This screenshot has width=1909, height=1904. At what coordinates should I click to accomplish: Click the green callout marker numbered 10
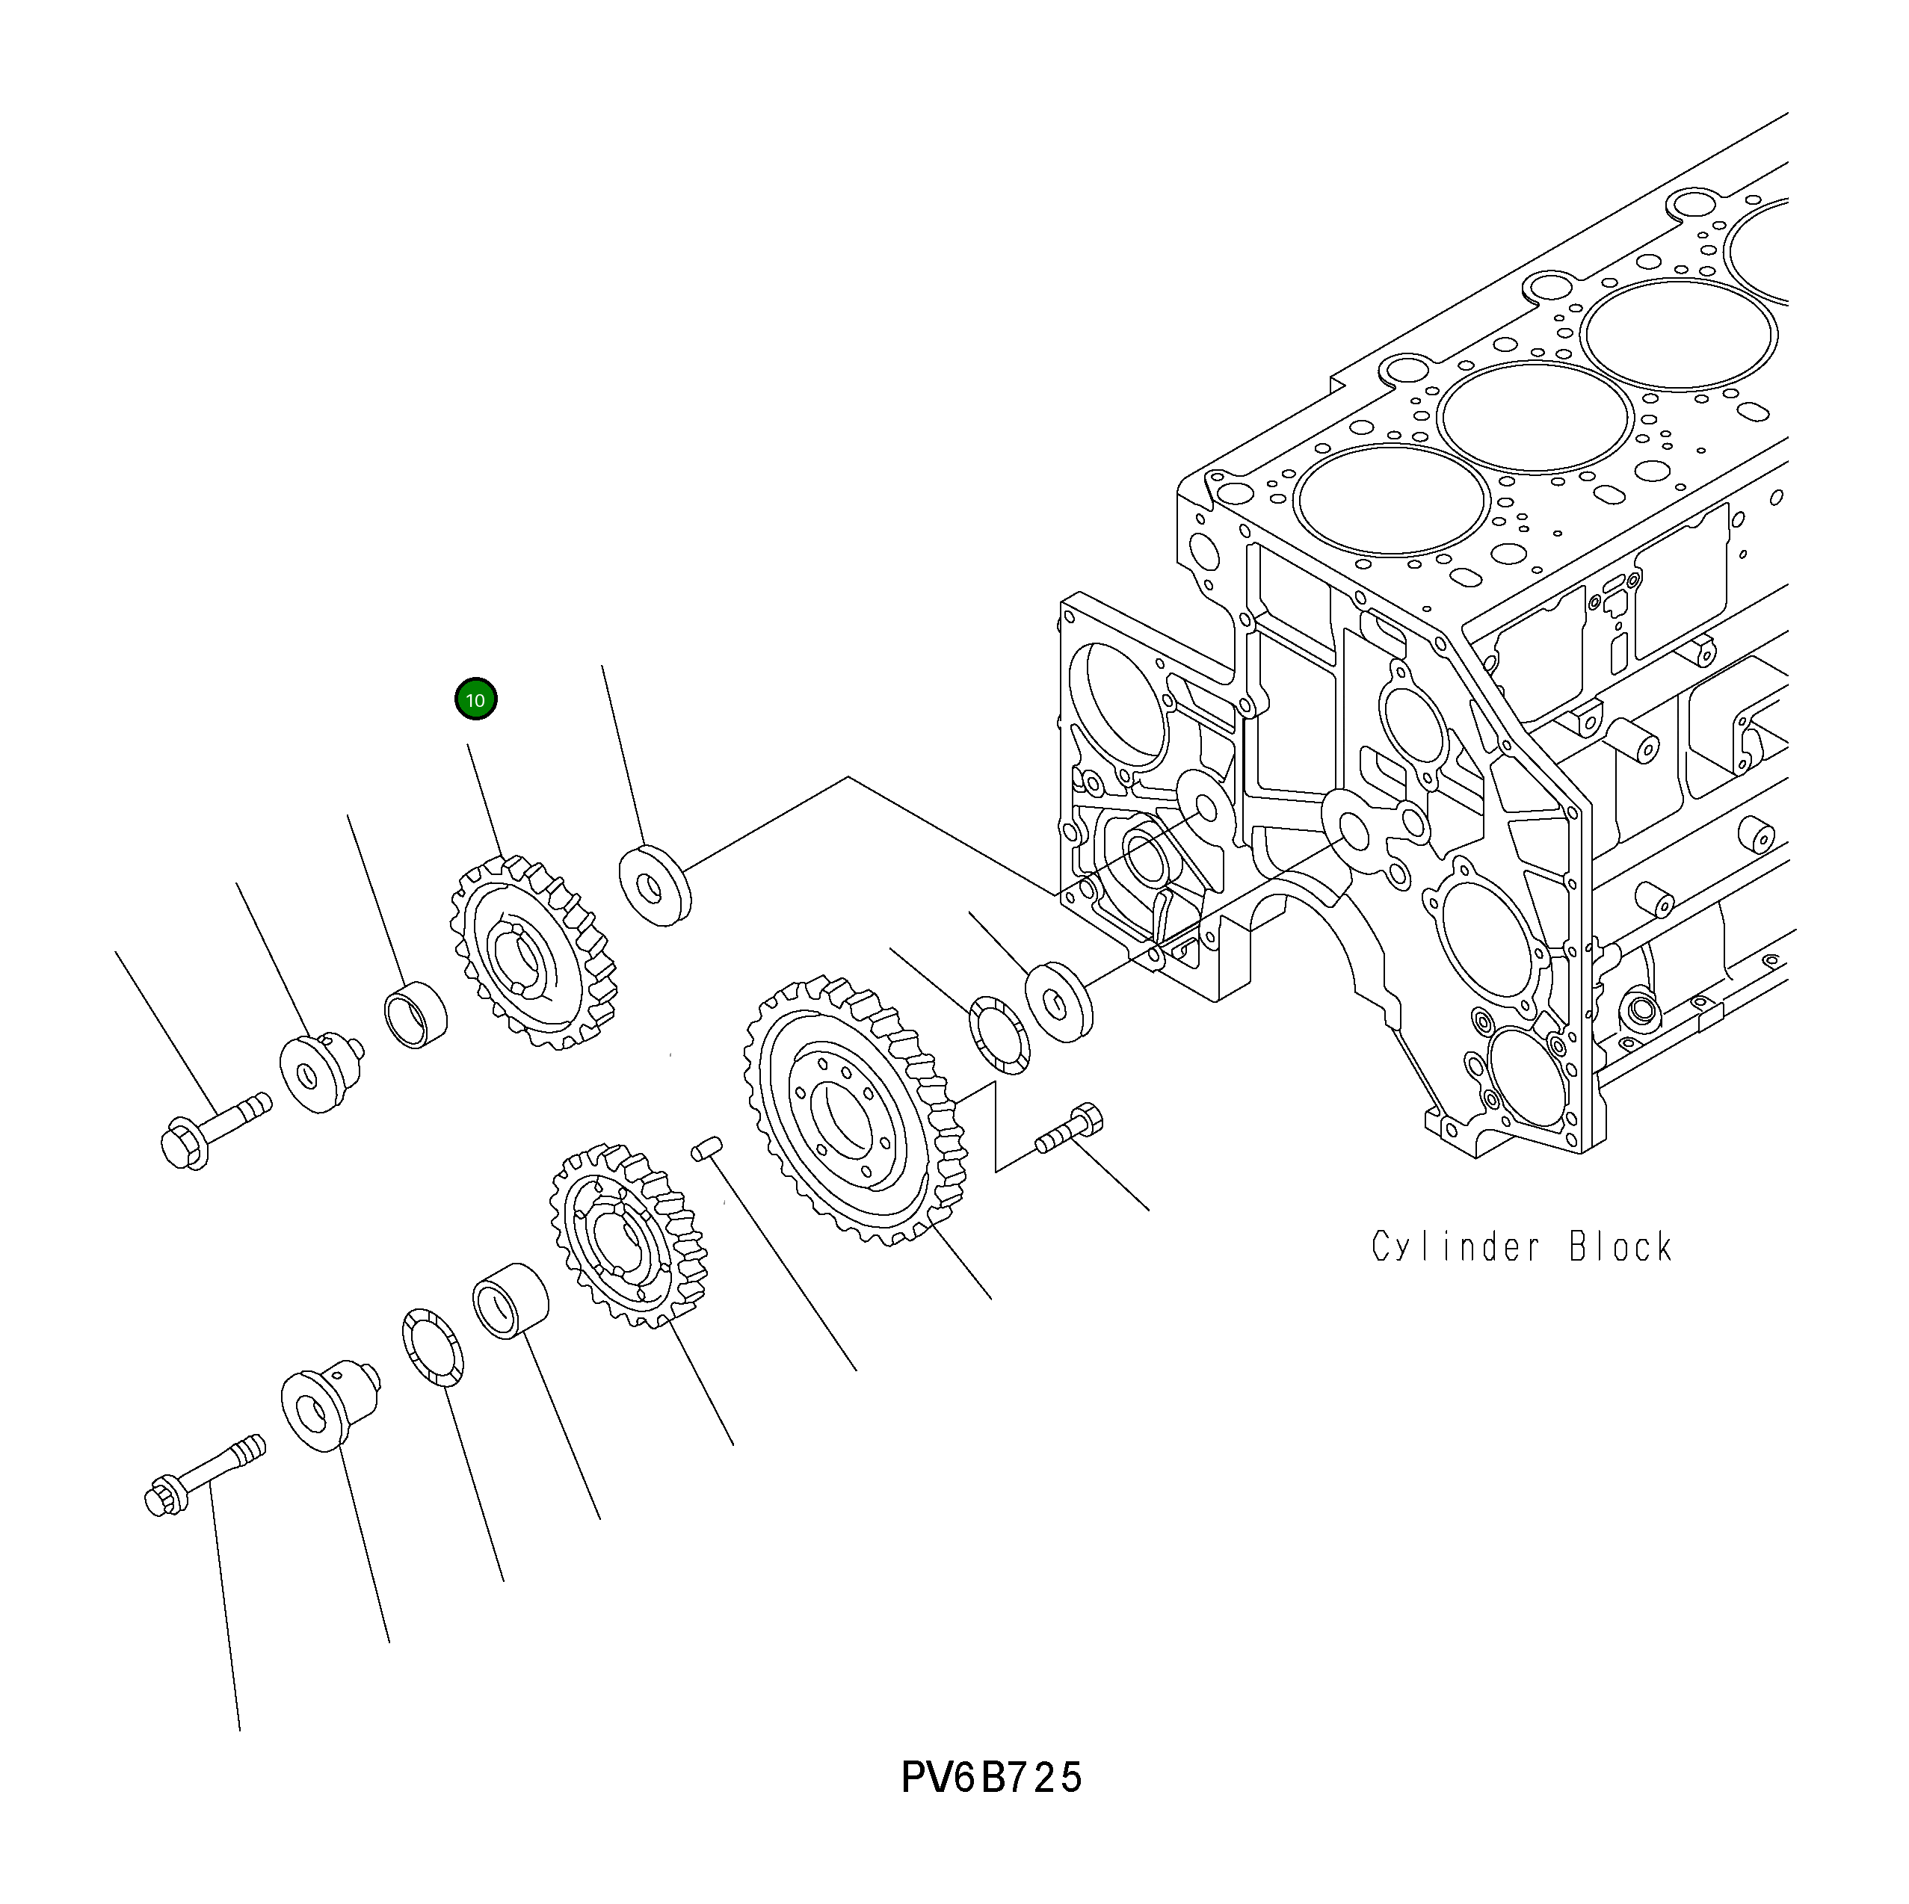pyautogui.click(x=475, y=700)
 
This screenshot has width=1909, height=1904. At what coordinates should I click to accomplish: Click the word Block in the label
pyautogui.click(x=1620, y=1247)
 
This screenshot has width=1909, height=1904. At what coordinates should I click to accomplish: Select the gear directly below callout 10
pyautogui.click(x=534, y=953)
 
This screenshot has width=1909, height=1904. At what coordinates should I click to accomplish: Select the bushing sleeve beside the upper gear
pyautogui.click(x=415, y=1015)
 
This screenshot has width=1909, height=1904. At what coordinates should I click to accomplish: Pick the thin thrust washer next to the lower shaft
pyautogui.click(x=433, y=1348)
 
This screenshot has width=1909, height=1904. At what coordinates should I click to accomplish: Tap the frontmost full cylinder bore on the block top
pyautogui.click(x=1391, y=500)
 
